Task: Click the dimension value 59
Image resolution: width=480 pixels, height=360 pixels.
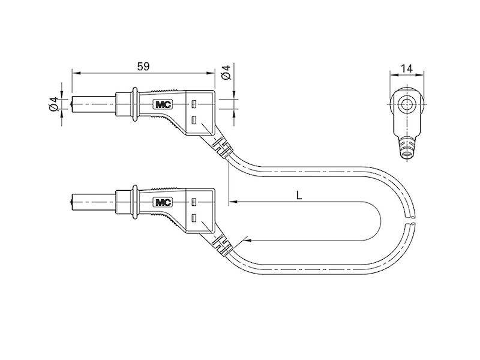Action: [x=143, y=67]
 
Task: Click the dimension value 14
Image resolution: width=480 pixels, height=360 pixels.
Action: [x=407, y=70]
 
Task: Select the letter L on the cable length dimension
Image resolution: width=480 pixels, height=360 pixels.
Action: [x=298, y=195]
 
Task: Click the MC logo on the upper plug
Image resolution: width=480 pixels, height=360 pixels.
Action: [x=163, y=104]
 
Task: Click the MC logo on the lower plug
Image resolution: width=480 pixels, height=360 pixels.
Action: [x=163, y=202]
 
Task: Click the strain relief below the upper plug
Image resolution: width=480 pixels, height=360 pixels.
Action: [x=220, y=145]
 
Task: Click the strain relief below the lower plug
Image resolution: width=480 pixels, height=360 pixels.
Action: [x=220, y=244]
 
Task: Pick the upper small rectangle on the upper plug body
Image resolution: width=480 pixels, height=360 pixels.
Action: [x=194, y=104]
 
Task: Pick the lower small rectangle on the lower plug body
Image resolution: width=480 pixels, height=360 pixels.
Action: [x=194, y=218]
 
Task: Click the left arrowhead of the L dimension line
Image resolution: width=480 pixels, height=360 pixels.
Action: [x=233, y=202]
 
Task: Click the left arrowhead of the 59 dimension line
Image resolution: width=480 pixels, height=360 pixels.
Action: [x=75, y=73]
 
